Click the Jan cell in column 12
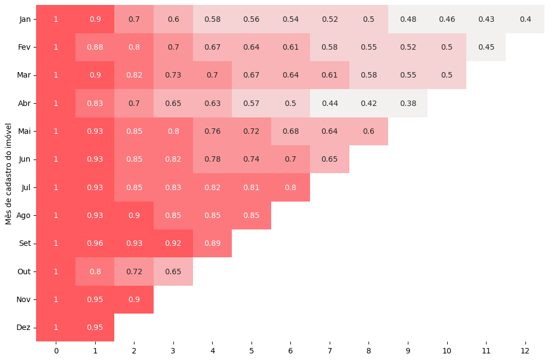point(525,19)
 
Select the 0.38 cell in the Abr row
point(408,103)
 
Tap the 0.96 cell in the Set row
point(95,243)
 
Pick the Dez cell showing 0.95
point(95,327)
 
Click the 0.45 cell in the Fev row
point(486,47)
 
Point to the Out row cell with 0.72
point(134,272)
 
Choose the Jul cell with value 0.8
point(290,187)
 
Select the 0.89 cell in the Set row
point(212,243)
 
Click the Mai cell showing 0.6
point(368,131)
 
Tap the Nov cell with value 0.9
point(134,299)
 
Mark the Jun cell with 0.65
point(330,160)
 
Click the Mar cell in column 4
point(212,75)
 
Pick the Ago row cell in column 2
point(134,215)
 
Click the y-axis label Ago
point(24,215)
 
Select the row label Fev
point(24,47)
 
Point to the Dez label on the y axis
point(24,327)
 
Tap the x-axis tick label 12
point(525,350)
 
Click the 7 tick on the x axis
point(330,350)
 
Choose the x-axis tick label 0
point(56,350)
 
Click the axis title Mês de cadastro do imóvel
point(9,173)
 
